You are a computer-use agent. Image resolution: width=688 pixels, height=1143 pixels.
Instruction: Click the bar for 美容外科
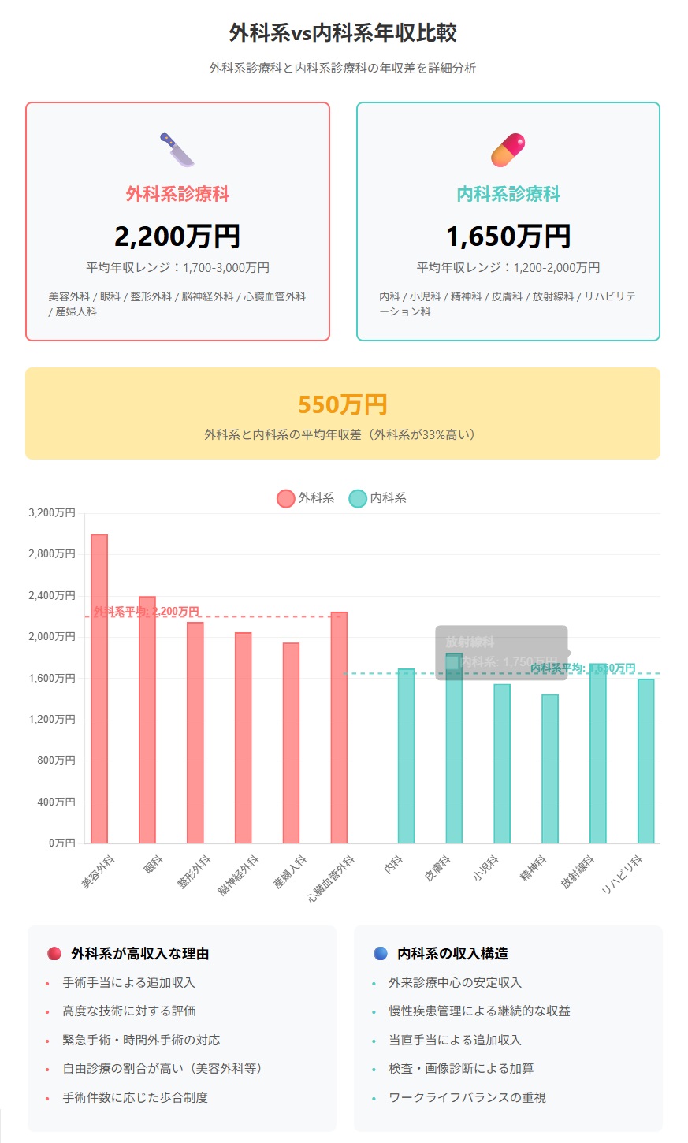point(99,689)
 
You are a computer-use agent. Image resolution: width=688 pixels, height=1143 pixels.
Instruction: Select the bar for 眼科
point(147,720)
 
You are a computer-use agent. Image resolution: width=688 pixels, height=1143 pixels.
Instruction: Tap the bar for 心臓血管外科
point(339,728)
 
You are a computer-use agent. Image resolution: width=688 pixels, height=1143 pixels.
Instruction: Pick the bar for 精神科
point(550,769)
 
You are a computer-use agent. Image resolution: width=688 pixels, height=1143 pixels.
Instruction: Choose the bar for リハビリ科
point(646,761)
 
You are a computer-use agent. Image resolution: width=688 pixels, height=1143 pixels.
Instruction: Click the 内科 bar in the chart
point(406,756)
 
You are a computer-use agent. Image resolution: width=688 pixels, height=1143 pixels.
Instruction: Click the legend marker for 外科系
point(285,498)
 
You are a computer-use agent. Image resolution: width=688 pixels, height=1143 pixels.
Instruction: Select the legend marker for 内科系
point(358,498)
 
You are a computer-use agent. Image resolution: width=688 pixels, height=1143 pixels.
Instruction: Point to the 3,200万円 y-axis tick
point(52,513)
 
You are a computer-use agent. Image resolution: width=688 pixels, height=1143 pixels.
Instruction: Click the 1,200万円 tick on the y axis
point(52,720)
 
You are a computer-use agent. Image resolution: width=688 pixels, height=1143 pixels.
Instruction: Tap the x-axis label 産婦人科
point(290,872)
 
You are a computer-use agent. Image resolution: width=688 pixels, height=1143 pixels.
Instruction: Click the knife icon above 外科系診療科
point(177,150)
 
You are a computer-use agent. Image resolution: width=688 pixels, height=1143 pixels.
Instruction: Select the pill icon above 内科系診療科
point(508,150)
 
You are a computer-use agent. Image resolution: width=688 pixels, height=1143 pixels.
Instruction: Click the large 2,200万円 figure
point(177,236)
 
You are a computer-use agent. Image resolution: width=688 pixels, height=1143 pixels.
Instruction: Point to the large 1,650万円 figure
point(508,236)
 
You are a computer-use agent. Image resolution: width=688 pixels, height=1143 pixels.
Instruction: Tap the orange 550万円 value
point(343,405)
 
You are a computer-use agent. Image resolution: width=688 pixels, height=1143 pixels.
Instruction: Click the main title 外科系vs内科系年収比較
point(343,33)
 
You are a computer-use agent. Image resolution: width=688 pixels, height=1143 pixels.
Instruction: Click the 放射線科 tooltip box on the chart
point(501,653)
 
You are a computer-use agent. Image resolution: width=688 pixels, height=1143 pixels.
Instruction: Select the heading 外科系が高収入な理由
point(139,954)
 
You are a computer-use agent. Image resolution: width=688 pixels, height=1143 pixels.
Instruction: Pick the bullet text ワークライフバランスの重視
point(467,1097)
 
